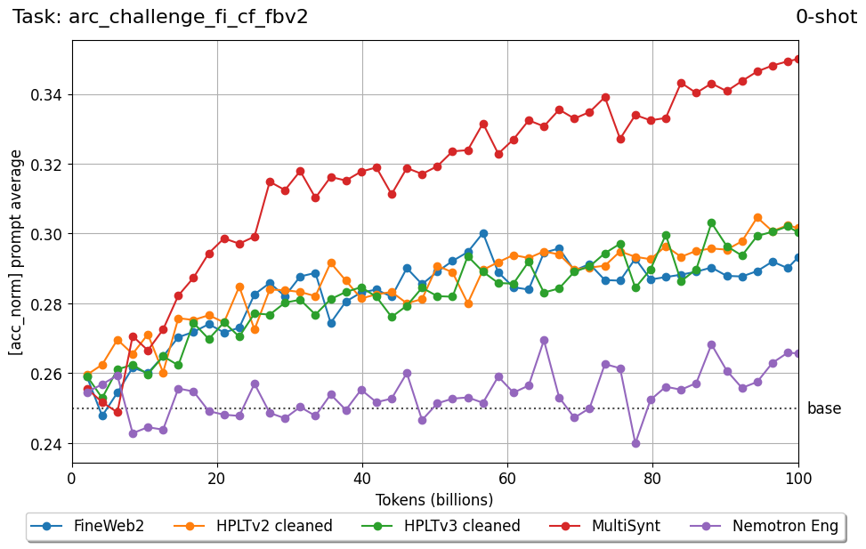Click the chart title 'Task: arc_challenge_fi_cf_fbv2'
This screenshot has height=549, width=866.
coord(160,17)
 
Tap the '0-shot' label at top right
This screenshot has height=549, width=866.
coord(826,17)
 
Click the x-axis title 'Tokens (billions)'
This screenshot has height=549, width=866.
coord(434,499)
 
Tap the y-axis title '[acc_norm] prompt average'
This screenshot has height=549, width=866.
coord(16,252)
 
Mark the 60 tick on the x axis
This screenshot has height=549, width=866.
coord(507,479)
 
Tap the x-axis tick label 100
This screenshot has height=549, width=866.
coord(797,479)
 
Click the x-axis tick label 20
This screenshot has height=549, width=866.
coord(217,479)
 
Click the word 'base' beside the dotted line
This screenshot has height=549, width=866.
coord(823,409)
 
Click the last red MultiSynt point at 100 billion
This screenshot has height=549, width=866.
coord(797,59)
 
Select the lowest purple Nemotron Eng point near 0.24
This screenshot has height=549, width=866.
coord(635,443)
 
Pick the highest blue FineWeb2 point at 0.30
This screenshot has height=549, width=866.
coord(483,233)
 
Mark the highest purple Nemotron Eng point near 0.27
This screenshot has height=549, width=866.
coord(544,340)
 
